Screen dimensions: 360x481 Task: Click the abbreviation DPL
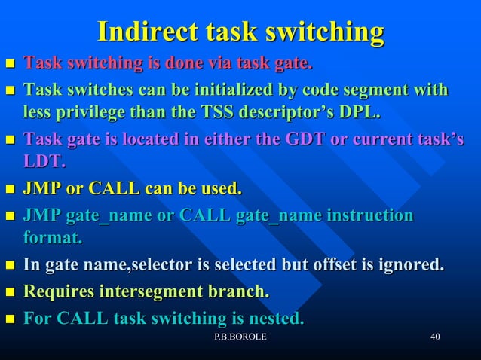pos(359,114)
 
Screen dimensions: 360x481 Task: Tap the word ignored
pos(414,265)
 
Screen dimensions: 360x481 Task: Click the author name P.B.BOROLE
pos(240,337)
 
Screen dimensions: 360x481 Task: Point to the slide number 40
pos(434,337)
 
